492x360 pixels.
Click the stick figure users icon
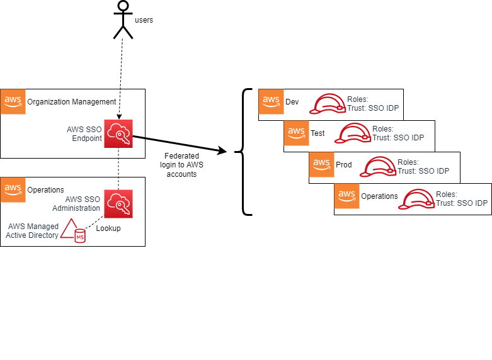point(123,20)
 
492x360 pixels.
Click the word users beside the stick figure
point(144,20)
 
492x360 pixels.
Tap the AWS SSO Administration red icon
point(118,203)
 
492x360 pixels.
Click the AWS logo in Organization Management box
point(13,101)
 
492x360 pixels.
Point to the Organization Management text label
point(72,101)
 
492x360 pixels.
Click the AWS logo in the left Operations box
point(13,189)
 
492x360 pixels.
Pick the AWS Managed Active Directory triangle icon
point(71,229)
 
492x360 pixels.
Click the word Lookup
point(108,228)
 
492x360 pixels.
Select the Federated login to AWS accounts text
point(181,165)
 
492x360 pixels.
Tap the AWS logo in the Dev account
point(271,101)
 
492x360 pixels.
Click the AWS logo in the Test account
point(296,133)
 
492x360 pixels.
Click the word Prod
point(344,165)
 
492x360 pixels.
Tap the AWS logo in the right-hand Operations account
point(346,196)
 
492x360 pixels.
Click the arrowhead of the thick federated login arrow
point(222,152)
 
